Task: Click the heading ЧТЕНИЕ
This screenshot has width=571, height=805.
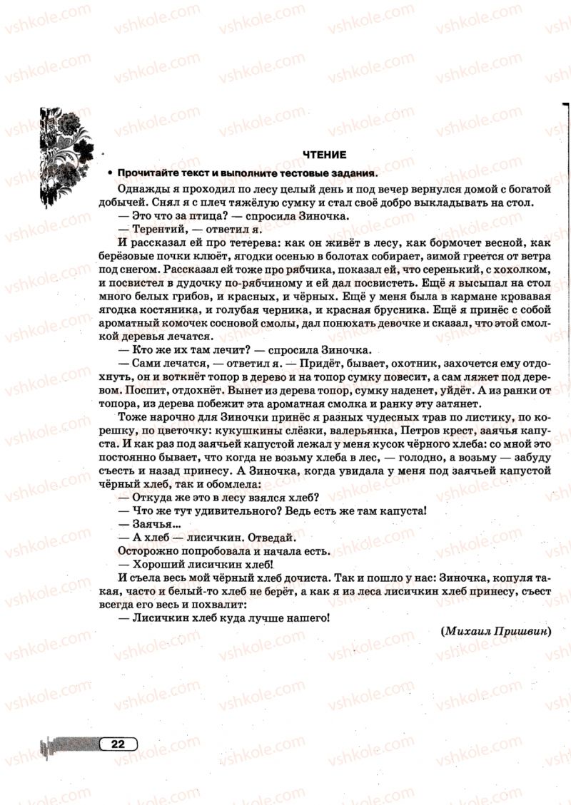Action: coord(325,154)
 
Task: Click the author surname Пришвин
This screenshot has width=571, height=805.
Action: coord(520,630)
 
